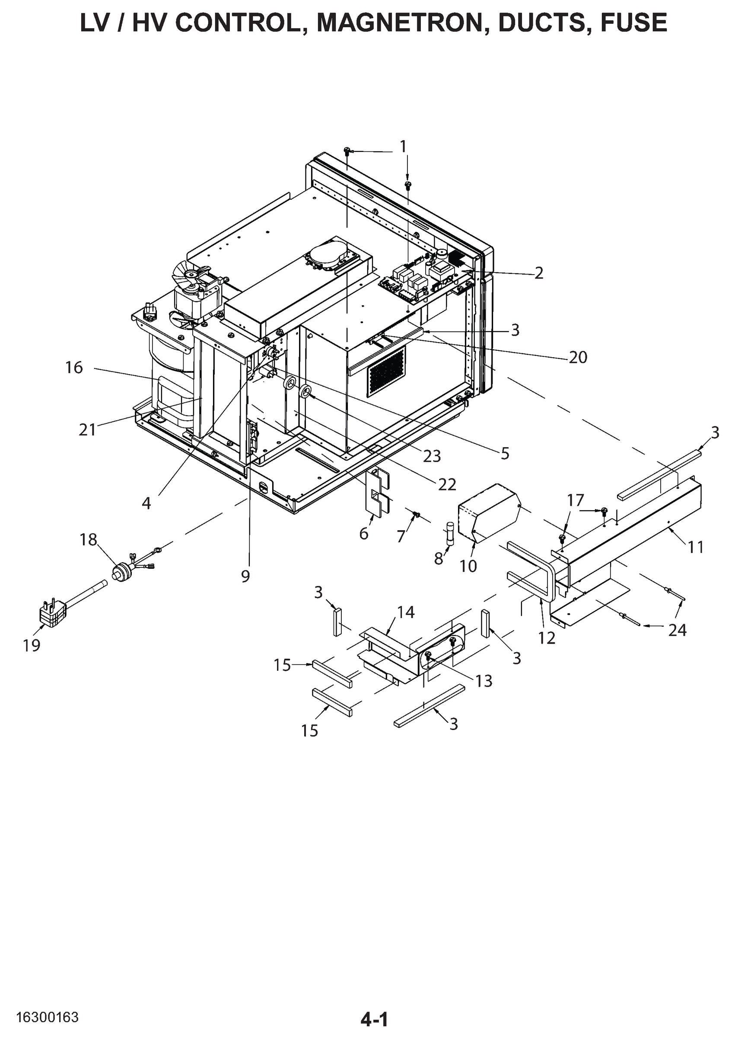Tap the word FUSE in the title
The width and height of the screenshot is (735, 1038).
point(633,22)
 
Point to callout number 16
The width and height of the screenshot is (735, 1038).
point(74,367)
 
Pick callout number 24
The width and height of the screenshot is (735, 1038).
point(677,630)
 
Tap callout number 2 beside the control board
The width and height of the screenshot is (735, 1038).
point(538,273)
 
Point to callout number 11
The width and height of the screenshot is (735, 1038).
point(696,547)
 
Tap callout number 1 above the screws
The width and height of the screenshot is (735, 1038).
point(403,147)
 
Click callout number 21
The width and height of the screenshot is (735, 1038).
point(87,429)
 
